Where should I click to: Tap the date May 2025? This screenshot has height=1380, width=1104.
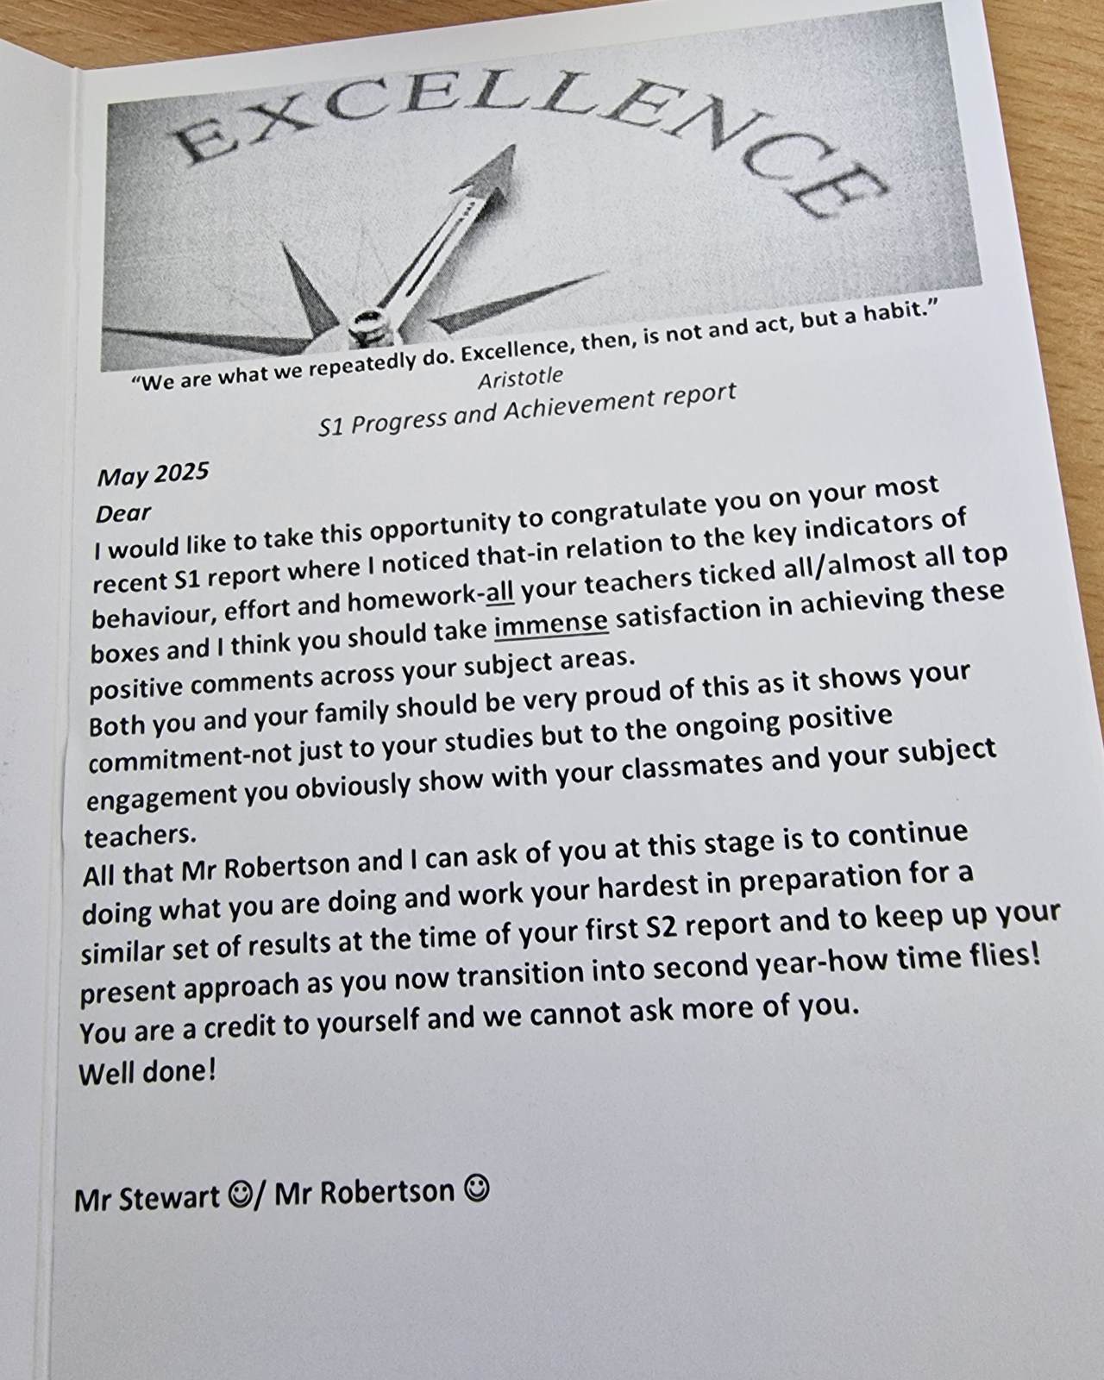(153, 474)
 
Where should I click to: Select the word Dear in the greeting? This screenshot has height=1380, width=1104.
(123, 513)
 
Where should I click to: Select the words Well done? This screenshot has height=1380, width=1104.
(147, 1072)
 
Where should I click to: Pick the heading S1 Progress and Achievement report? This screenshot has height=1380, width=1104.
(527, 408)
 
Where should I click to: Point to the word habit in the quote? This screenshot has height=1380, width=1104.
(888, 310)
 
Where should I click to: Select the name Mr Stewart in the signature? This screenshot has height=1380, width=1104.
(147, 1199)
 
